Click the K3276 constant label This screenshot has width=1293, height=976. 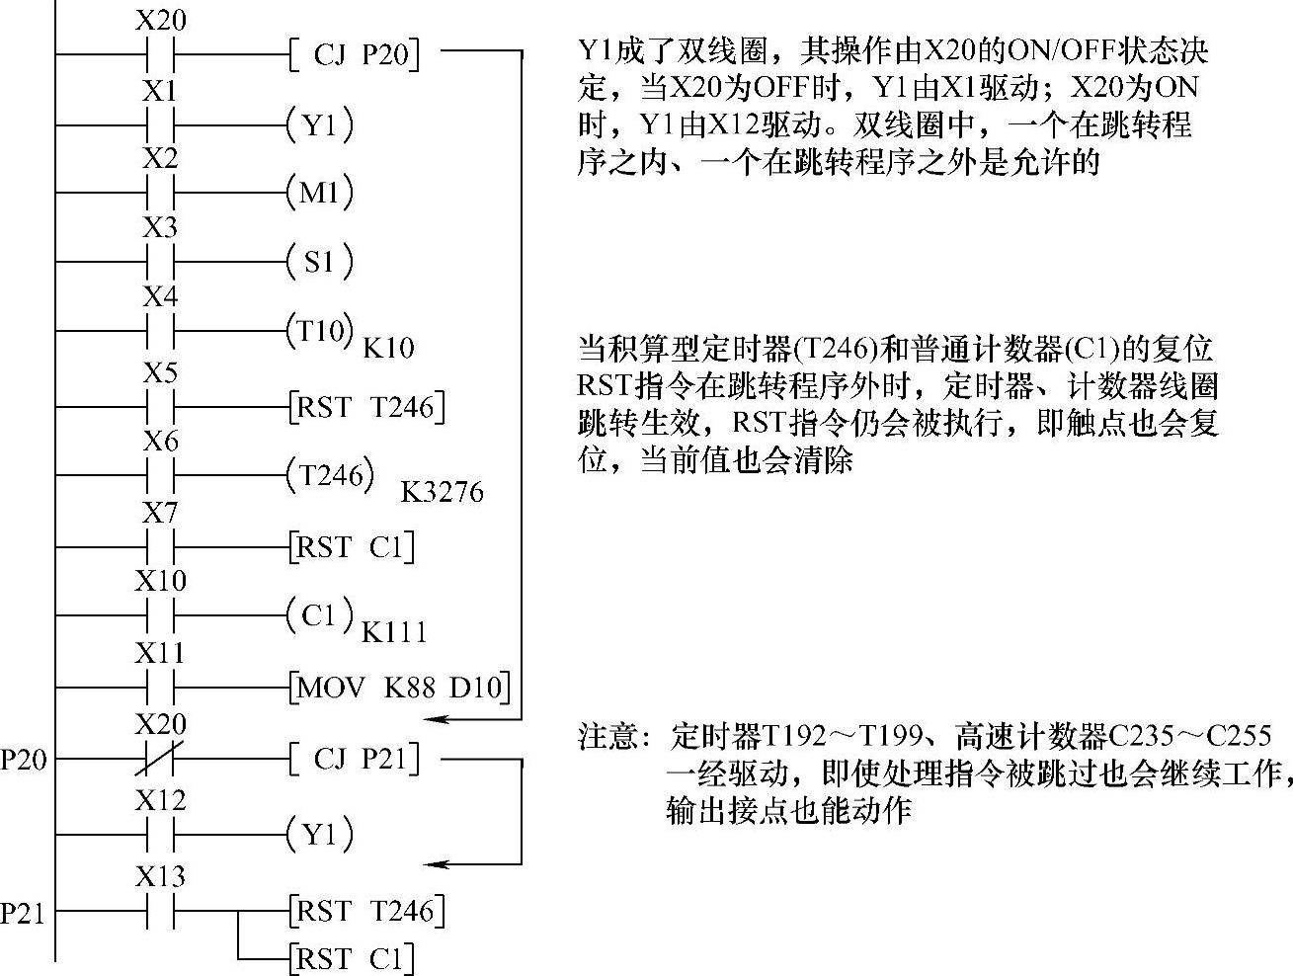click(x=442, y=492)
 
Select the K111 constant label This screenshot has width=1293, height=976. click(x=394, y=632)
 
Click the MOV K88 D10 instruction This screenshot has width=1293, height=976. click(x=400, y=687)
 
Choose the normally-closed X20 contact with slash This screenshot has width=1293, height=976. click(x=160, y=760)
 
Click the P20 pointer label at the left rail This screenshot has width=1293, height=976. click(x=23, y=760)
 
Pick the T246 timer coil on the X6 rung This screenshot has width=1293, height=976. click(x=331, y=476)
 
